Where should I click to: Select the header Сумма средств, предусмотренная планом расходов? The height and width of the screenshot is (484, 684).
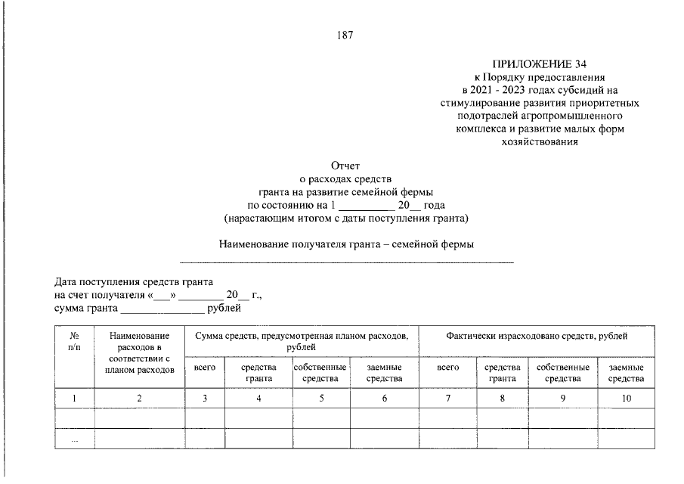tap(301, 340)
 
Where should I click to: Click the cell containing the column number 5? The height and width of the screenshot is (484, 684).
tap(321, 399)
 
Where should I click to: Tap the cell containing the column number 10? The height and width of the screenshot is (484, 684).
tap(626, 399)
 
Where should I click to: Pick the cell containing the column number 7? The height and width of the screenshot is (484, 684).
tap(448, 399)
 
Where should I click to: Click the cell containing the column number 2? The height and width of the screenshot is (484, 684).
tap(140, 399)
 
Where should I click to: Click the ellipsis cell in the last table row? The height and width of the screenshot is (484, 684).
tap(75, 439)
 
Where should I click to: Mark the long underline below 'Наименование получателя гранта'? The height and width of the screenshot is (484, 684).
tap(346, 262)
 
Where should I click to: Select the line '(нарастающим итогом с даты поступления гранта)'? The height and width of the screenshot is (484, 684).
tap(346, 219)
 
